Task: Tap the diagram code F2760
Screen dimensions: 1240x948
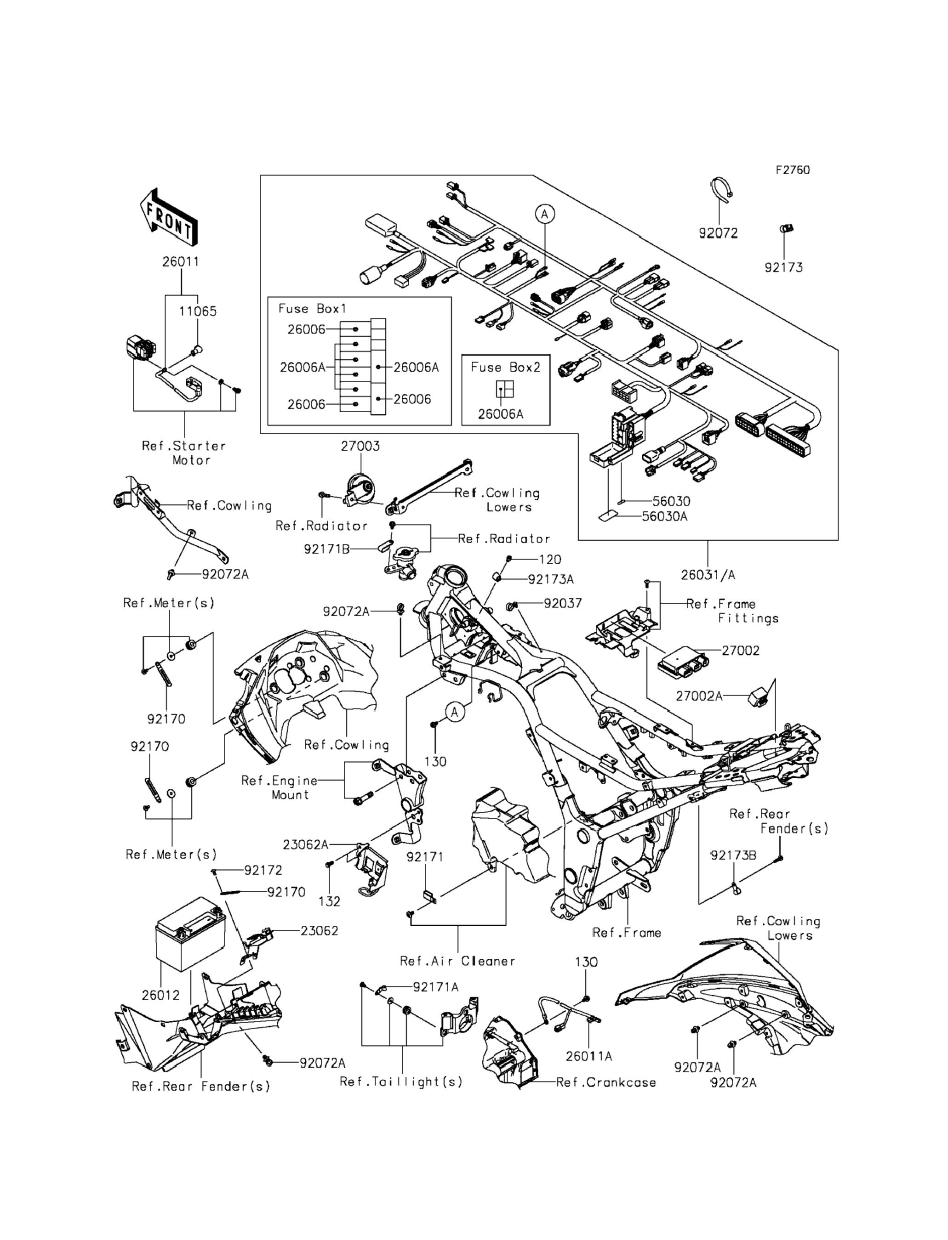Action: click(x=792, y=170)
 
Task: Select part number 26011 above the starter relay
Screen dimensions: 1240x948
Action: click(x=181, y=262)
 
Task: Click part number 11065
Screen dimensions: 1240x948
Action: click(x=198, y=311)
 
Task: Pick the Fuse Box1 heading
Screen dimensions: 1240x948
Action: click(x=312, y=308)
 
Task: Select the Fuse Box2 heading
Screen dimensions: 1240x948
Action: click(x=506, y=367)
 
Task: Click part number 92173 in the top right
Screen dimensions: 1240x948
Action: click(x=783, y=267)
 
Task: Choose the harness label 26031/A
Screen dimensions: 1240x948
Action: click(x=708, y=575)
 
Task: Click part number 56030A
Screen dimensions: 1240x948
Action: click(x=664, y=516)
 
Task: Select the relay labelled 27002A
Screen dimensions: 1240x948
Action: click(x=757, y=695)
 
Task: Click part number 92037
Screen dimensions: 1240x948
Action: click(x=563, y=603)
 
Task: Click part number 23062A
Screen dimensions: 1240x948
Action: click(x=305, y=845)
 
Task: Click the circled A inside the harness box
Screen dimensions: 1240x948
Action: click(x=544, y=214)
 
